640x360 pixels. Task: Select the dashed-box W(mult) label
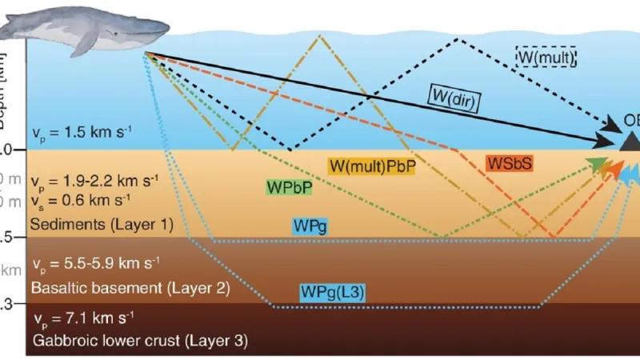[x=546, y=56]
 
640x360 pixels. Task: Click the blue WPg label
[x=310, y=227]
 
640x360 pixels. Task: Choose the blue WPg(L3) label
[x=333, y=292]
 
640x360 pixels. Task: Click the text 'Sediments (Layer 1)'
[x=100, y=225]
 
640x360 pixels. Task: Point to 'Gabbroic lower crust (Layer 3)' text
[x=140, y=340]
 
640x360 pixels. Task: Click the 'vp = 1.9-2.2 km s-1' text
[x=95, y=178]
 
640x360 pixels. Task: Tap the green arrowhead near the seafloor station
[x=596, y=165]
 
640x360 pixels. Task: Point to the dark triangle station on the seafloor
[x=630, y=141]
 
